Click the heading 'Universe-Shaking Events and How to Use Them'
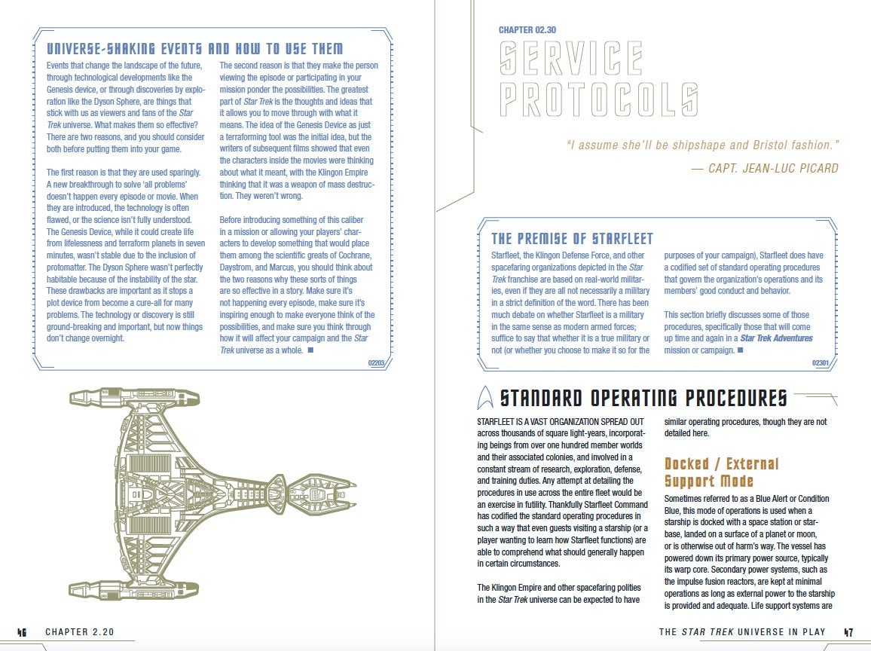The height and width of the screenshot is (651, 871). click(194, 49)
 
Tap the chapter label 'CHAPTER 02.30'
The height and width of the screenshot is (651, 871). click(527, 30)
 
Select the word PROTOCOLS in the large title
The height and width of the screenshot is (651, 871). click(600, 100)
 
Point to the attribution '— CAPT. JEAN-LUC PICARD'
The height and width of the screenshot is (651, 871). click(765, 168)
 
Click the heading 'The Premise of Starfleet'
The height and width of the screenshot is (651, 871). click(572, 239)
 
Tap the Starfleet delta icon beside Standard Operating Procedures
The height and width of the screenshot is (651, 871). click(486, 397)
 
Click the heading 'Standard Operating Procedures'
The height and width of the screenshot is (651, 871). click(643, 398)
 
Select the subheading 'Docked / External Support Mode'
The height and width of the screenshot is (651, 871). click(721, 472)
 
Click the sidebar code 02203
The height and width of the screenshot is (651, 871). click(376, 362)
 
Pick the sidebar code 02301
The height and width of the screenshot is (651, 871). click(820, 363)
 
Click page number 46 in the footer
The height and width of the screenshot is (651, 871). click(23, 632)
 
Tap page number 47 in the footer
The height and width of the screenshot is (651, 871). click(848, 632)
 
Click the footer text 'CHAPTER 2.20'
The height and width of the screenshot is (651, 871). click(79, 632)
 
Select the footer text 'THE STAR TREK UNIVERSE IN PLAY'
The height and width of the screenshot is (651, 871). click(741, 632)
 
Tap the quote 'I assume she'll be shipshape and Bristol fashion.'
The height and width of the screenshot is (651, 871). click(702, 145)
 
